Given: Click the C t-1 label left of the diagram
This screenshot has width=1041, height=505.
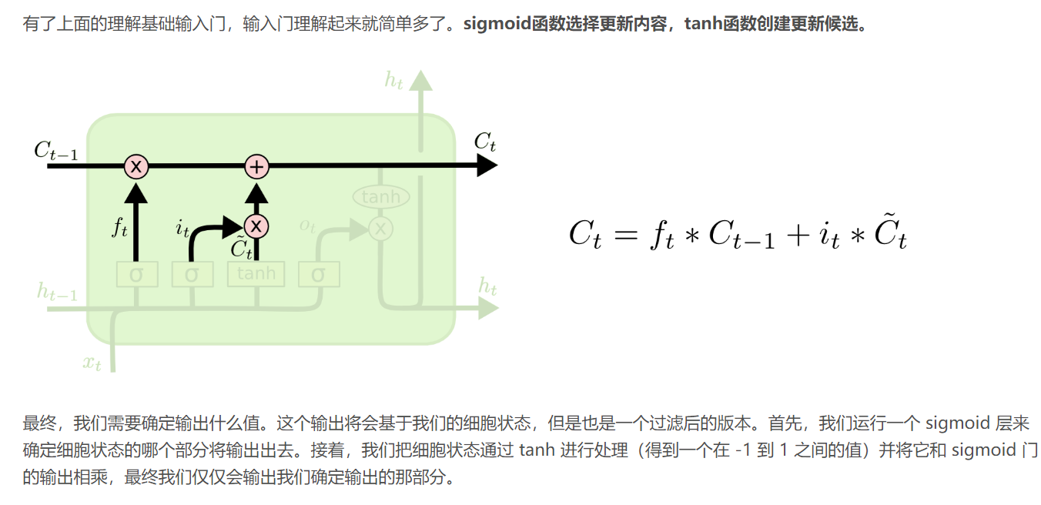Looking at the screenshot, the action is (55, 150).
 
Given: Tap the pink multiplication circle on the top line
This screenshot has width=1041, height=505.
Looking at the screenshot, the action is (136, 166).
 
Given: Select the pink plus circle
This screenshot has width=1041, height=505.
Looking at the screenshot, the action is (256, 166).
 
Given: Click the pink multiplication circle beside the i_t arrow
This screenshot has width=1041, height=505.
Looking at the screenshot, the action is (256, 226).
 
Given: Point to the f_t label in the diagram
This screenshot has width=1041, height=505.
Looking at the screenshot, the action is (119, 228).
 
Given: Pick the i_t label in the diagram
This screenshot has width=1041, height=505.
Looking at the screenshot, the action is (182, 228).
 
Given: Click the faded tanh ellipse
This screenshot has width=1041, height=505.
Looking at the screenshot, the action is (380, 197).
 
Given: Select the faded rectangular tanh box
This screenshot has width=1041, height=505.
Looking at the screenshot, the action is (256, 274).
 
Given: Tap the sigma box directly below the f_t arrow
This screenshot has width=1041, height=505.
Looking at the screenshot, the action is (136, 274).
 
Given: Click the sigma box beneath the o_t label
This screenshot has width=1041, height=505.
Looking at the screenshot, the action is (319, 274).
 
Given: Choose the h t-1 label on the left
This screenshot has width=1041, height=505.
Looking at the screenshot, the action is (57, 292).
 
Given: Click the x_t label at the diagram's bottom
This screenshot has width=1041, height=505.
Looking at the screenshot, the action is (92, 362).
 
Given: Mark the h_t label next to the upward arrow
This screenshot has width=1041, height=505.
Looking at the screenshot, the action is (393, 79).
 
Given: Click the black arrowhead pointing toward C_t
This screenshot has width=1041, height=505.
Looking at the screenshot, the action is (487, 166).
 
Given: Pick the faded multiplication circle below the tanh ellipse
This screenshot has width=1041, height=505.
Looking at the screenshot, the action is (380, 228).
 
